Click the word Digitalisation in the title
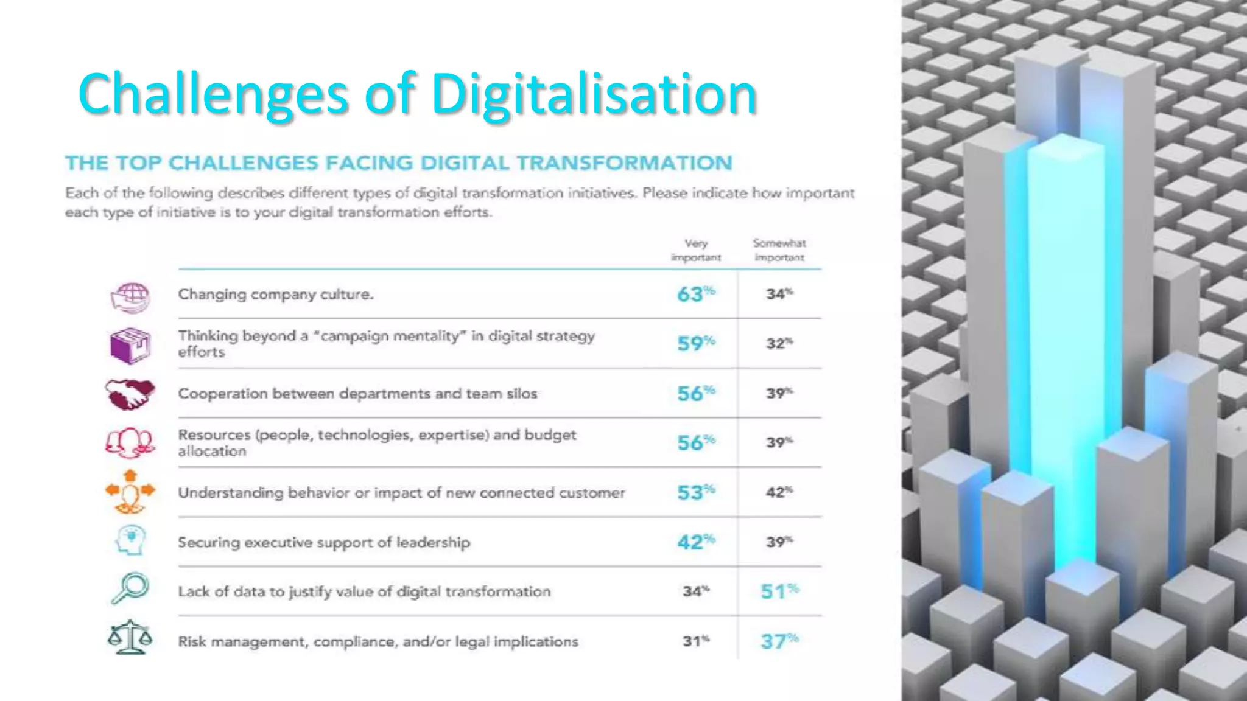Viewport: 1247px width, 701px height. [594, 94]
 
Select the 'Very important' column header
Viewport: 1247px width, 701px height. [695, 250]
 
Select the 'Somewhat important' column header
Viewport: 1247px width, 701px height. [779, 250]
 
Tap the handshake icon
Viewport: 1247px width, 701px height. [130, 394]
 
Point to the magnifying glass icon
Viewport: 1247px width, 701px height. [130, 588]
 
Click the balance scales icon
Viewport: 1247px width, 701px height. [130, 637]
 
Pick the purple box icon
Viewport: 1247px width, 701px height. [130, 345]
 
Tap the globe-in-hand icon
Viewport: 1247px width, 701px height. [130, 297]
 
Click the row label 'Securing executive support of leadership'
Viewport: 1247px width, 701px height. [324, 542]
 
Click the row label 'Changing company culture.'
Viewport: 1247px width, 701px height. [275, 295]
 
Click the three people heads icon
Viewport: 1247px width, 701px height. [130, 442]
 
